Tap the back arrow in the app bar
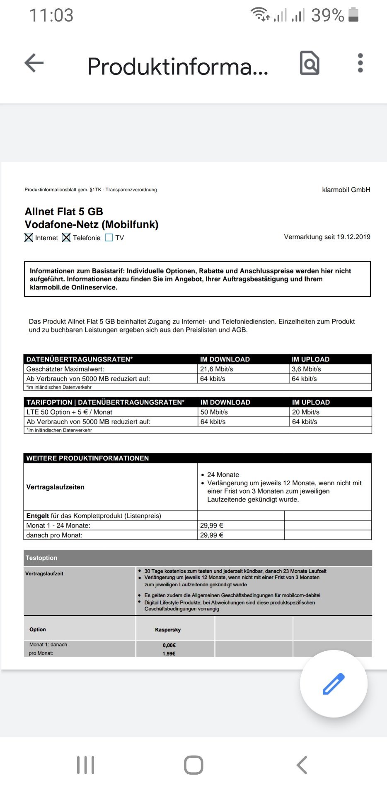point(34,63)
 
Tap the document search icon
point(310,63)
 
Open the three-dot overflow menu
point(360,63)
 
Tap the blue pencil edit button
point(334,684)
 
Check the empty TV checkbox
point(109,238)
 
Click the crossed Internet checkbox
point(29,238)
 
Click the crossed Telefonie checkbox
point(66,238)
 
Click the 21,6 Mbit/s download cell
point(217,369)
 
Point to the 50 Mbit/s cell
point(214,412)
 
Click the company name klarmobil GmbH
point(346,190)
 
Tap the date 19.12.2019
point(353,237)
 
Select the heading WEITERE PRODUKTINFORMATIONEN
point(87,458)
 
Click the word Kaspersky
point(168,630)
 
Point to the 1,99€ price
point(169,654)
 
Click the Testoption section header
point(41,558)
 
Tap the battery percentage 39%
point(327,16)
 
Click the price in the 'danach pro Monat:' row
point(212,535)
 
